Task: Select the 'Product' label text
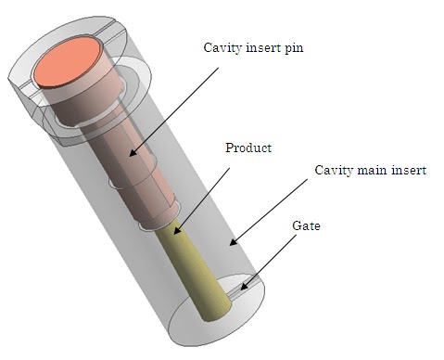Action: point(247,148)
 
